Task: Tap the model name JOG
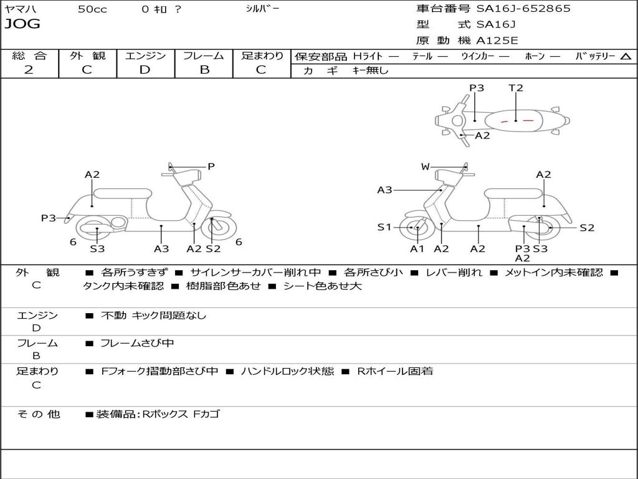pos(22,24)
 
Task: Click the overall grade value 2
pos(29,69)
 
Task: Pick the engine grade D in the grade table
pos(145,69)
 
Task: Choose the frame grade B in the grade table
pos(204,69)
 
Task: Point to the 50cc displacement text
pos(92,9)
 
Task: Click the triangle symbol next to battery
pos(626,57)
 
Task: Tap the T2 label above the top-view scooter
pos(516,88)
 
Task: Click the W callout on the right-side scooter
pos(426,167)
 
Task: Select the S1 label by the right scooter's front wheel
pos(384,227)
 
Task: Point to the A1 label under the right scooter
pos(417,249)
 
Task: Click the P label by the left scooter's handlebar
pos(211,167)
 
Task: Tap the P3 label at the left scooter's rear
pos(49,218)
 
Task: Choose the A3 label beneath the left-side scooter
pos(161,249)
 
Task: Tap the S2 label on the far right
pos(587,228)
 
